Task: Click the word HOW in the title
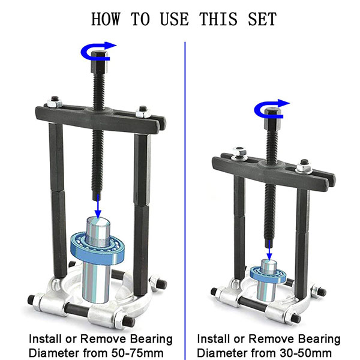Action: pos(106,19)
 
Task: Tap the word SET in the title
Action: pos(262,19)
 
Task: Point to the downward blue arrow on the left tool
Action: pos(98,206)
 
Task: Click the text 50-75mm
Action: pos(137,353)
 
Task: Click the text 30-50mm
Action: pos(305,353)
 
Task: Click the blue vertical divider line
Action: pos(185,200)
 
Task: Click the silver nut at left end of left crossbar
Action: pos(55,103)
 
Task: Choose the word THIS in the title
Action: pos(218,19)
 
